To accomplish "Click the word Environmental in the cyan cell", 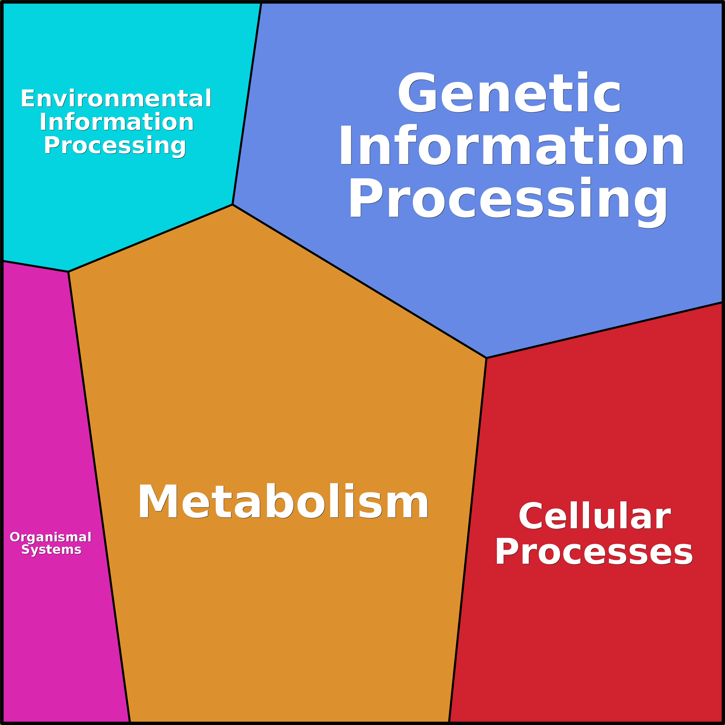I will point(116,99).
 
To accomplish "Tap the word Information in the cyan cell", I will point(117,122).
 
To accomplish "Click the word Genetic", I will point(509,93).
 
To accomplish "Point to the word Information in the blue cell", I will point(511,145).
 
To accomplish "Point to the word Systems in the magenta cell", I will point(51,550).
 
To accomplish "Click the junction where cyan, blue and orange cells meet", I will point(233,205).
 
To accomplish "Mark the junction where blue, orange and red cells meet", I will point(486,358).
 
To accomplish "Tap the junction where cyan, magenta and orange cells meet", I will point(68,272).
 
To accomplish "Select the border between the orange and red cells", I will point(468,540).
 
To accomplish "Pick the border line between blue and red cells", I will point(604,330).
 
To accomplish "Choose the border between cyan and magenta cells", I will point(36,266).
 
